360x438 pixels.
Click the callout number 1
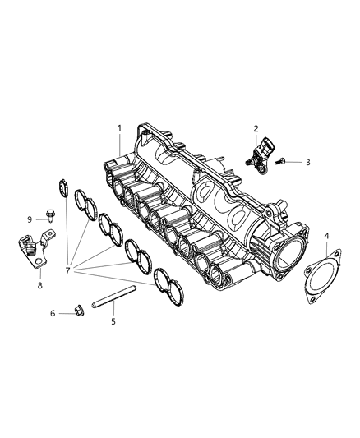[119, 128]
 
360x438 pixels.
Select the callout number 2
[256, 129]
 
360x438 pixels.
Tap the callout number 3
[307, 163]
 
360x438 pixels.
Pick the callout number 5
[113, 321]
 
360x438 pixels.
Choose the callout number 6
[53, 313]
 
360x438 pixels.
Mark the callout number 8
[39, 285]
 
